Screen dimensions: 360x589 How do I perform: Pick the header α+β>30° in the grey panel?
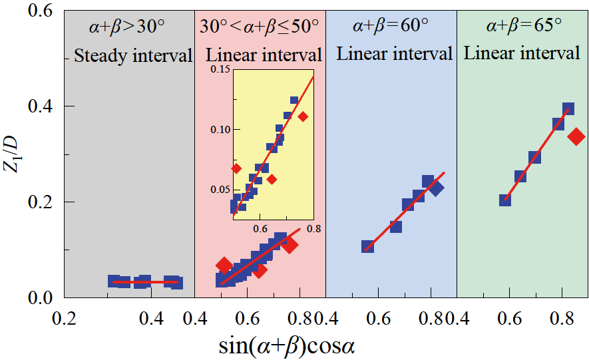(126, 27)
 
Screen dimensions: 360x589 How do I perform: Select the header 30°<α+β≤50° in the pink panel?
(260, 27)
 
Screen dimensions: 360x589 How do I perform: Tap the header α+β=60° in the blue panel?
(391, 27)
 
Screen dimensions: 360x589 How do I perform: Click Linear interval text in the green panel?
(522, 53)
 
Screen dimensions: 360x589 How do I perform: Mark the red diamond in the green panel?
(576, 136)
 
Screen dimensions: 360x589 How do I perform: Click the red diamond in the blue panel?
(436, 188)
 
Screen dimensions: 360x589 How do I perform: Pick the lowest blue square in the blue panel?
(367, 246)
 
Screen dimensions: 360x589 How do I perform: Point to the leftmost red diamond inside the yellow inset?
(236, 168)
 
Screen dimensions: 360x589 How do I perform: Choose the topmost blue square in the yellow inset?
(294, 100)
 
